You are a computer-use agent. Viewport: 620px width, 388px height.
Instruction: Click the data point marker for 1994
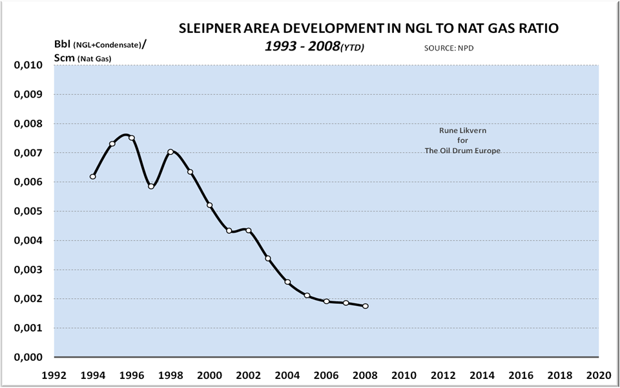(93, 177)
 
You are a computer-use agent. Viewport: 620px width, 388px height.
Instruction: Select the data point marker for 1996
(132, 138)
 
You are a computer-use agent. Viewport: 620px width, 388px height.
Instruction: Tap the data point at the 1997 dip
(151, 186)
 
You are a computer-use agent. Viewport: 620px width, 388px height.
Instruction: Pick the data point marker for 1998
(170, 152)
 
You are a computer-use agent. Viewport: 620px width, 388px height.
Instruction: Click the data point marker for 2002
(249, 230)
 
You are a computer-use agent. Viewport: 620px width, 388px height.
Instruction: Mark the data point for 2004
(287, 282)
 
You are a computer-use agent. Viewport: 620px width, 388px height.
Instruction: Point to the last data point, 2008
(366, 306)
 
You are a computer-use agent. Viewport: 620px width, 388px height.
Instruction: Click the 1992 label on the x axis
(54, 374)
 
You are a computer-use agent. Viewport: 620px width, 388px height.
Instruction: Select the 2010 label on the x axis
(404, 374)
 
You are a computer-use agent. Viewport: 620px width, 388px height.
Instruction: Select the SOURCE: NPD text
(446, 48)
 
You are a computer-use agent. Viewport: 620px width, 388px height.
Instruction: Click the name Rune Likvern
(462, 130)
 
